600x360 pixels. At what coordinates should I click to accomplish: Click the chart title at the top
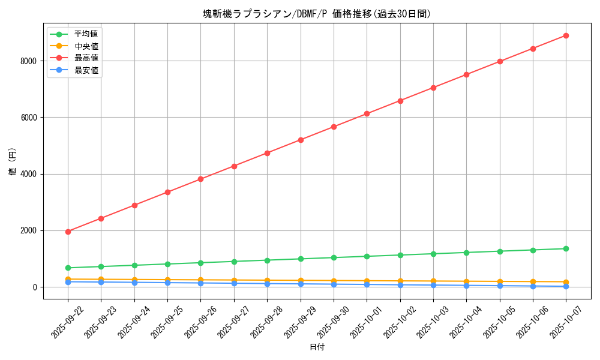tap(316, 14)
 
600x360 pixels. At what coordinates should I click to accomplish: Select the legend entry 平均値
tap(86, 34)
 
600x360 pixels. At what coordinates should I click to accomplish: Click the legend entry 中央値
tap(86, 46)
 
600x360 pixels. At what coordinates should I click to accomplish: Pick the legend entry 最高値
tap(86, 58)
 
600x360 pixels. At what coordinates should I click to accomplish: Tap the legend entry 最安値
tap(86, 70)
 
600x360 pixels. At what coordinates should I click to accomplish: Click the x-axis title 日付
tap(317, 347)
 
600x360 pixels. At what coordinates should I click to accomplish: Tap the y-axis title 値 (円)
tap(13, 162)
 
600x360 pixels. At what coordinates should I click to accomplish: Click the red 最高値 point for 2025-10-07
tap(566, 35)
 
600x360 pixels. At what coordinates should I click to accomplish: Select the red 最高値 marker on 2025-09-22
tap(68, 232)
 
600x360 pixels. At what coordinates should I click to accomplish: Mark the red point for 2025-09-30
tap(334, 127)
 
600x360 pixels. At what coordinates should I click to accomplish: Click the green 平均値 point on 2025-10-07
tap(566, 248)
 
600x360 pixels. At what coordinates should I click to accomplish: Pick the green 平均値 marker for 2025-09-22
tap(68, 268)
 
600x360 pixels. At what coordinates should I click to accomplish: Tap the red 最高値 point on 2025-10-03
tap(433, 88)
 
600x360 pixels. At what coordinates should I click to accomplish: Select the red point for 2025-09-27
tap(234, 166)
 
